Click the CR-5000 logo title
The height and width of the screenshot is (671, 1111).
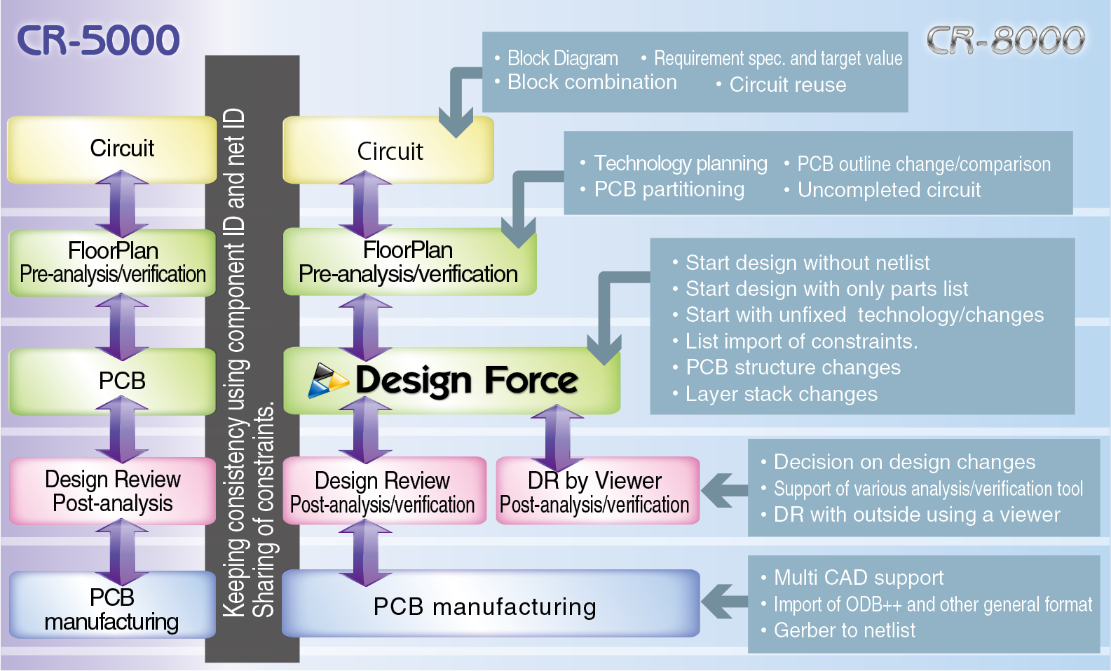[98, 41]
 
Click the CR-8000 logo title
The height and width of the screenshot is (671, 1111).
[1005, 41]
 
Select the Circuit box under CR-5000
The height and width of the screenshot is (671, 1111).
[112, 149]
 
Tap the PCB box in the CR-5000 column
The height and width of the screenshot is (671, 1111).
[112, 381]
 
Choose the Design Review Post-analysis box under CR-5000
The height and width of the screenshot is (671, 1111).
[112, 491]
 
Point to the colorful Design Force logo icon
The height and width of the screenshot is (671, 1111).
[327, 381]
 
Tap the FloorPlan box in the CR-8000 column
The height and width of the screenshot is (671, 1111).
[408, 262]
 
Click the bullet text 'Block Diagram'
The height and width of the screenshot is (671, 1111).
[562, 58]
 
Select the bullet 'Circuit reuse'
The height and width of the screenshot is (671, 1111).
[787, 85]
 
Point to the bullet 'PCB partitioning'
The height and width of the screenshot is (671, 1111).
[669, 189]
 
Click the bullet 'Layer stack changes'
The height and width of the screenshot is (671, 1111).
[781, 394]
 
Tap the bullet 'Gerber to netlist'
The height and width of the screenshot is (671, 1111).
[844, 630]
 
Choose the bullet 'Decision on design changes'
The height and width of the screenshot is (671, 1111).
[904, 462]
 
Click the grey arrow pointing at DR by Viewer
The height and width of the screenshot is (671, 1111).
[725, 490]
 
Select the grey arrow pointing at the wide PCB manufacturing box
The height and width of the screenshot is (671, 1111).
[725, 602]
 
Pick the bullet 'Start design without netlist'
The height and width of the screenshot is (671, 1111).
[807, 263]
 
